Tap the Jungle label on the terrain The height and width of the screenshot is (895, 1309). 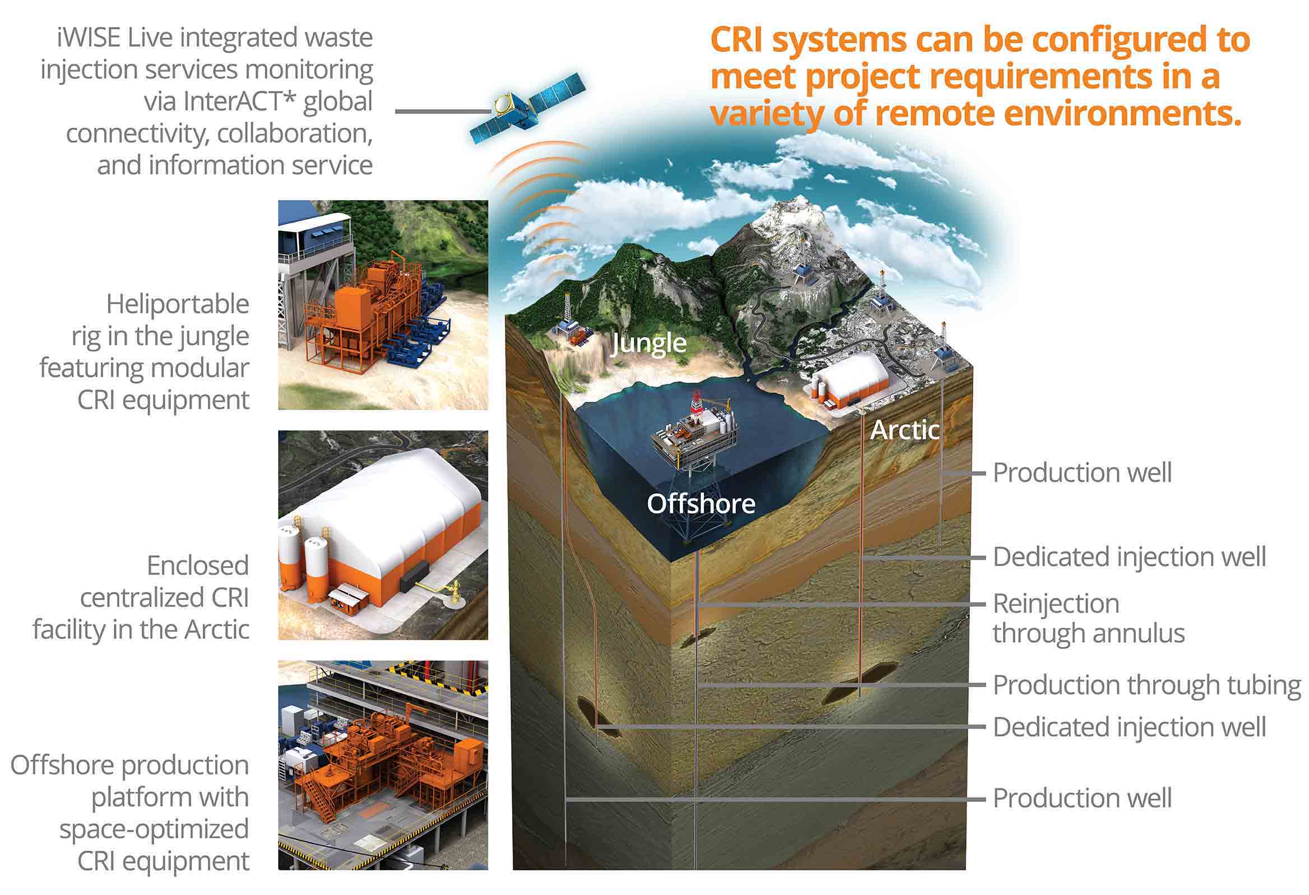pos(648,343)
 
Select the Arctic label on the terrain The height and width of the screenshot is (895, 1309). pos(904,430)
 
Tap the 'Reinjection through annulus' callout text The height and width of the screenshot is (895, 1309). pos(1088,618)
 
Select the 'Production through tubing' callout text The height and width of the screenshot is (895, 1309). pos(1146,685)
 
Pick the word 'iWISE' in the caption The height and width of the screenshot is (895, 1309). pos(89,38)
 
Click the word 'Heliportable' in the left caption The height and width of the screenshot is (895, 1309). pos(178,304)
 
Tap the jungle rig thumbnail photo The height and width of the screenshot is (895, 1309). pos(383,305)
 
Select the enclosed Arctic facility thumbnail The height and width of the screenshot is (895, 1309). pos(383,535)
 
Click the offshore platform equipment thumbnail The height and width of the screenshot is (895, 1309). pos(383,765)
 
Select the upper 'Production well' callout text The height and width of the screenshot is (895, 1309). pos(1082,472)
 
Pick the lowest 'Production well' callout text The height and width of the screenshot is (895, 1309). pos(1082,798)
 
